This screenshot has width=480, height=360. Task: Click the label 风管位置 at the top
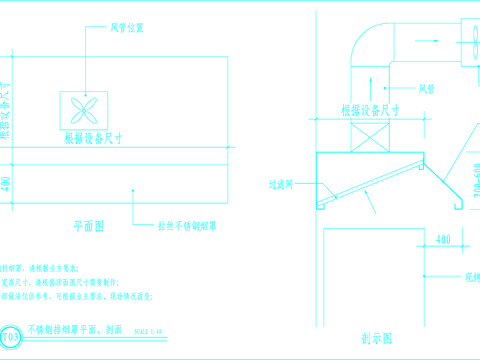(x=127, y=28)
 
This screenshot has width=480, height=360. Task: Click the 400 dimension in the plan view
(x=7, y=183)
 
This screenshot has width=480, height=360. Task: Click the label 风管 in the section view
(x=426, y=89)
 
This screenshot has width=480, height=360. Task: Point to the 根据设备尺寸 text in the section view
(x=372, y=111)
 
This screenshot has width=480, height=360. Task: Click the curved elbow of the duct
(x=370, y=46)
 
